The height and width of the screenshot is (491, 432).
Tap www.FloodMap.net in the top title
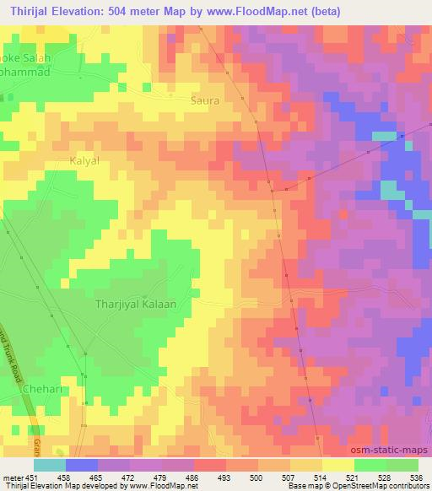click(x=263, y=10)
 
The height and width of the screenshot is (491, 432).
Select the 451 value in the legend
click(x=32, y=477)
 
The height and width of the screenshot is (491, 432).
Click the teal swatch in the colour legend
click(x=49, y=465)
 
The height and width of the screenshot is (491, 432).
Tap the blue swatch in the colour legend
click(x=81, y=465)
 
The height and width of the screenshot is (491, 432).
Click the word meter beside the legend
click(x=12, y=477)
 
